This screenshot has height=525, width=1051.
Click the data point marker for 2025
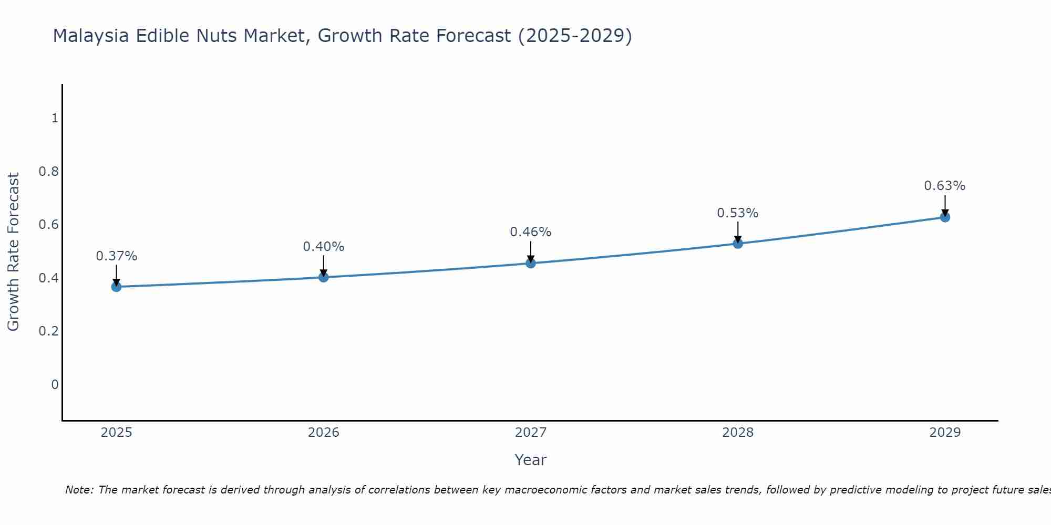coord(116,287)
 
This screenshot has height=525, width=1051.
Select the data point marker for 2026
coord(324,277)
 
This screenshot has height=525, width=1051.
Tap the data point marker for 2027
coord(531,263)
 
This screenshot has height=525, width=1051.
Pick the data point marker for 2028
coord(738,244)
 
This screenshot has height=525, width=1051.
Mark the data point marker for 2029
coord(945,217)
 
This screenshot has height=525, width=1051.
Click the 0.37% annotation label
coord(116,256)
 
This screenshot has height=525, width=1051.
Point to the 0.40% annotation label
coord(324,247)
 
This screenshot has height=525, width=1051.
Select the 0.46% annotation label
coord(531,232)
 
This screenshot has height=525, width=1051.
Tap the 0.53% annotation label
coord(738,213)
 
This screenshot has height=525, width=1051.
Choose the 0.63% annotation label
coord(945,186)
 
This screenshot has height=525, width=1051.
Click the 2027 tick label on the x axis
coord(531,433)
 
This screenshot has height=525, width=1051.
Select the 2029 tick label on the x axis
coord(945,433)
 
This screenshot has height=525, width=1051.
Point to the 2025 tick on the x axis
coord(116,433)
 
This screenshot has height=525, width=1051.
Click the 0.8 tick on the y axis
coord(48,172)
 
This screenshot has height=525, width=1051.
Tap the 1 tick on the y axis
coord(55,118)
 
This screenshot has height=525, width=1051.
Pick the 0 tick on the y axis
coord(55,385)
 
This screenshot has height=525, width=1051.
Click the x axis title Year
coord(531,460)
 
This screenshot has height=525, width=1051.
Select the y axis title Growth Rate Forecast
coord(13,252)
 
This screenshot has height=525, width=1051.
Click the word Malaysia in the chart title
coord(91,36)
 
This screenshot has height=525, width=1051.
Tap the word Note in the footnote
coord(79,490)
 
